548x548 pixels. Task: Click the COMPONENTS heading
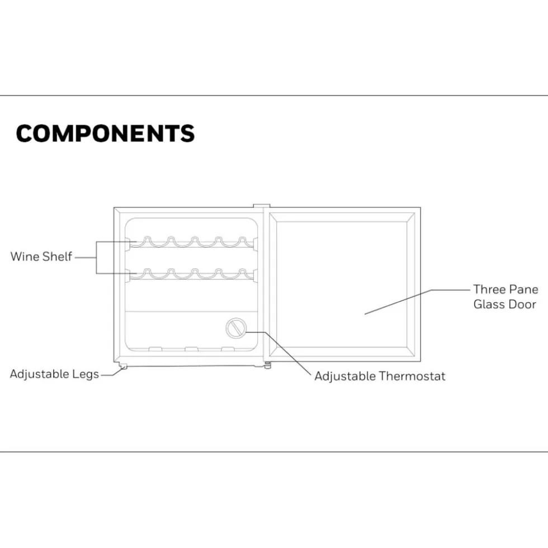point(105,133)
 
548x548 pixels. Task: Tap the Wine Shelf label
point(41,256)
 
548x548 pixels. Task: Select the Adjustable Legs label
point(55,374)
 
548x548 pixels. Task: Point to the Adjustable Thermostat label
point(380,376)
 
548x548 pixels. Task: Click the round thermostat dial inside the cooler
point(236,328)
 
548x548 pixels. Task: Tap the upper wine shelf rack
point(192,242)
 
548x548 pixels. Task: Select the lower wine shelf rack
point(192,274)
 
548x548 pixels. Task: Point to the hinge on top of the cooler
point(262,207)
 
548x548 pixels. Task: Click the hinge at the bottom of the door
point(267,365)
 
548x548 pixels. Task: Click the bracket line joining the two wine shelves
point(97,258)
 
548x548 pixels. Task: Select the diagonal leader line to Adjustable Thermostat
point(287,354)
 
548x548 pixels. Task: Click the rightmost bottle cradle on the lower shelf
point(242,273)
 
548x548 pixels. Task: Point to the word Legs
point(86,375)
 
